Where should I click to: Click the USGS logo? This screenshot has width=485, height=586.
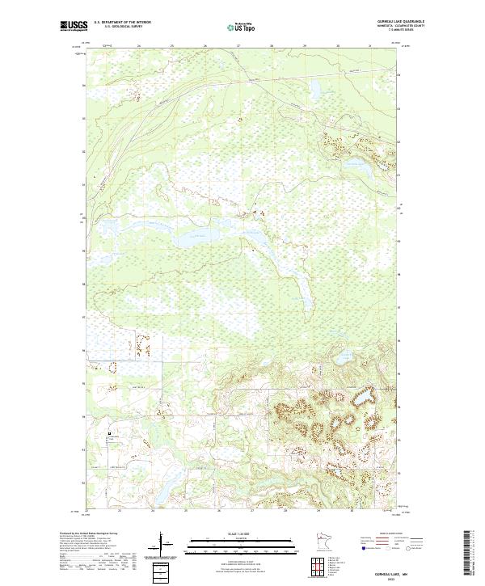coord(74,26)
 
